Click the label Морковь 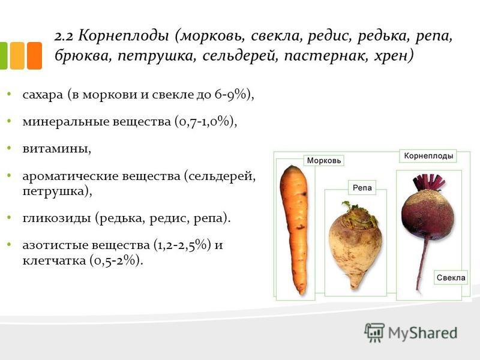click(x=324, y=161)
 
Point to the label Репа click(x=362, y=188)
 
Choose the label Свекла click(x=451, y=278)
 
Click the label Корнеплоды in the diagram click(x=428, y=156)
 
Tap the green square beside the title click(x=4, y=56)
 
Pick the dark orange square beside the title click(x=34, y=56)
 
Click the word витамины click(x=57, y=149)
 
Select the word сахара click(x=43, y=95)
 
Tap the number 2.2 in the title click(x=64, y=37)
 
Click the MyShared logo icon click(x=374, y=332)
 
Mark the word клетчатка click(x=54, y=261)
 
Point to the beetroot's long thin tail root click(x=422, y=265)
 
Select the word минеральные click(x=66, y=122)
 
